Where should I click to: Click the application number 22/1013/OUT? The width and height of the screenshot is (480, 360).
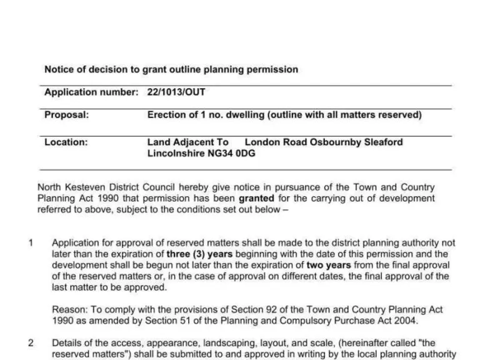(176, 92)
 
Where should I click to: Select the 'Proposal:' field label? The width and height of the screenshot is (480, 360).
(66, 115)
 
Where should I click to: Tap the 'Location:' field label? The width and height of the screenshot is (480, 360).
(66, 142)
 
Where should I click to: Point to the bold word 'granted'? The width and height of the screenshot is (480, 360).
(256, 198)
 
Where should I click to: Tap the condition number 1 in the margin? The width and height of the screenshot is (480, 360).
(31, 242)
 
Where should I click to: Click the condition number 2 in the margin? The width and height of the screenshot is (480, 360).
(31, 342)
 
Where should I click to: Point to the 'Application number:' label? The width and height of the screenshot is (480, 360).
(91, 92)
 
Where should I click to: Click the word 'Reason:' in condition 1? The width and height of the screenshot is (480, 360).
(68, 309)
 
